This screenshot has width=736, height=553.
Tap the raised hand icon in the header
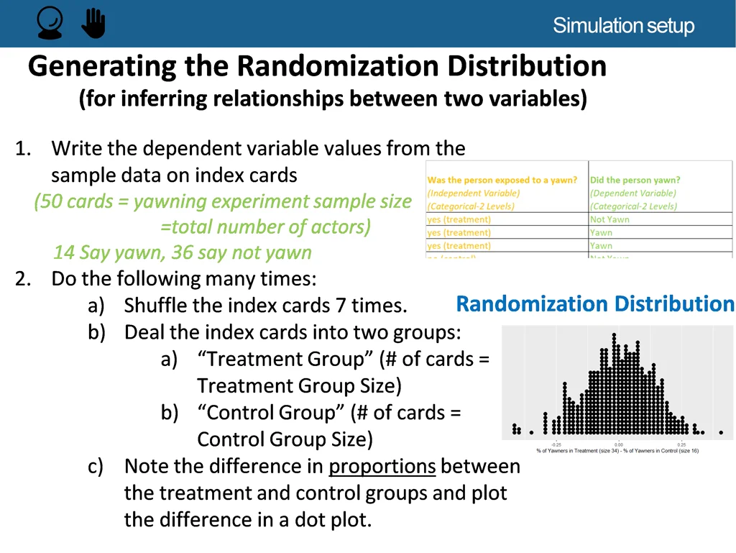pos(93,24)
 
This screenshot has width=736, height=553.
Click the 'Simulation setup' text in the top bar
pos(623,27)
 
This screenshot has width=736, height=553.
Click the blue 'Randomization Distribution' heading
pos(595,304)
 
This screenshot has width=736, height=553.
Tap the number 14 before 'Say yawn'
pos(64,253)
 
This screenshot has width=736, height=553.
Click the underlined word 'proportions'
pos(382,467)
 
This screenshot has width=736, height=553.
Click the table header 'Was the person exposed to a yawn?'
pos(502,180)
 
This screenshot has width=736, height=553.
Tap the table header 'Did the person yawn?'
pos(635,180)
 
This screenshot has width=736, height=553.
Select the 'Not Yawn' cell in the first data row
pos(609,219)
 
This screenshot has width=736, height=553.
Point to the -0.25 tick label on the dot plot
pos(556,444)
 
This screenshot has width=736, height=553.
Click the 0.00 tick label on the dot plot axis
pos(619,444)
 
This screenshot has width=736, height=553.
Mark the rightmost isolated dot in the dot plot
pos(721,432)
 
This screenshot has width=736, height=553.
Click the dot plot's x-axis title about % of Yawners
pos(617,451)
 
